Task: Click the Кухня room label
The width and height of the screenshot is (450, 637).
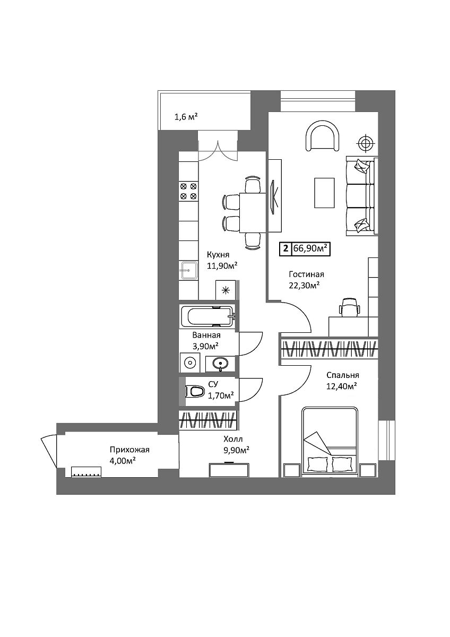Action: (218, 254)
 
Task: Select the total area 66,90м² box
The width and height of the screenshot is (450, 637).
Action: (305, 248)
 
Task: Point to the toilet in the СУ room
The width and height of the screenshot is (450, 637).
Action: (195, 392)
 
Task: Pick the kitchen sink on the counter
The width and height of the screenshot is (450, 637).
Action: (189, 270)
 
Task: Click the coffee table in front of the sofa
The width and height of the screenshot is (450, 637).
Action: (324, 193)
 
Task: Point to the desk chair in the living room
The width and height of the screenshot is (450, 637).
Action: (349, 307)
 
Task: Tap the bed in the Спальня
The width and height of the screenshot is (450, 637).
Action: (330, 442)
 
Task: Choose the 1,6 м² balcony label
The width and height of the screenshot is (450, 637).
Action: (186, 117)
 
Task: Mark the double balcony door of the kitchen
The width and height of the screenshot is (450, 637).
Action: (218, 151)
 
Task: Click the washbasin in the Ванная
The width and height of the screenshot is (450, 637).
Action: (220, 364)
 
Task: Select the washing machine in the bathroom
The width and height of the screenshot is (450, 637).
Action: (189, 363)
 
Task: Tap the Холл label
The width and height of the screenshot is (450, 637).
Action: (233, 439)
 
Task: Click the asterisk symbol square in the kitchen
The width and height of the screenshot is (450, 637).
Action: (226, 290)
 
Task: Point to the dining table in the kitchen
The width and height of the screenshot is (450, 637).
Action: (253, 213)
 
